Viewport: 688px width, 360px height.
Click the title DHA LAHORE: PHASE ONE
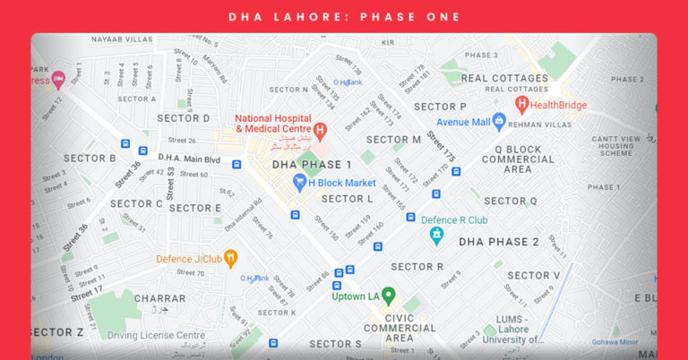click(x=344, y=17)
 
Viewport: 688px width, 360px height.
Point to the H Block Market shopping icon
click(x=300, y=183)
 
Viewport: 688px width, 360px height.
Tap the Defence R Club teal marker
click(x=436, y=236)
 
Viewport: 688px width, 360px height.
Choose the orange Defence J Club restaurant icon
click(x=231, y=259)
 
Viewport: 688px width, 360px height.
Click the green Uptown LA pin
click(x=388, y=296)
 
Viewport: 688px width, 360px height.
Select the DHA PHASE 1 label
click(x=312, y=165)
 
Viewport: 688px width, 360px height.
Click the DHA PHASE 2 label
click(x=499, y=242)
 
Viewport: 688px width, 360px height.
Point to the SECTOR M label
click(x=393, y=140)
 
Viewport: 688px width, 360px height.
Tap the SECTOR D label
click(x=183, y=118)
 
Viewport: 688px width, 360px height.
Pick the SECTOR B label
click(x=90, y=159)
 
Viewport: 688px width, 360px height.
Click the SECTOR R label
click(x=417, y=267)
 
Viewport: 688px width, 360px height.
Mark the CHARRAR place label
click(x=159, y=298)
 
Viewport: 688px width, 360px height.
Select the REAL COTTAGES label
click(x=504, y=78)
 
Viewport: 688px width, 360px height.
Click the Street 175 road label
click(x=441, y=147)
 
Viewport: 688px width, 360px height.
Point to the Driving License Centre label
click(x=157, y=335)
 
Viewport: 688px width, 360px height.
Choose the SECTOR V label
click(x=533, y=276)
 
